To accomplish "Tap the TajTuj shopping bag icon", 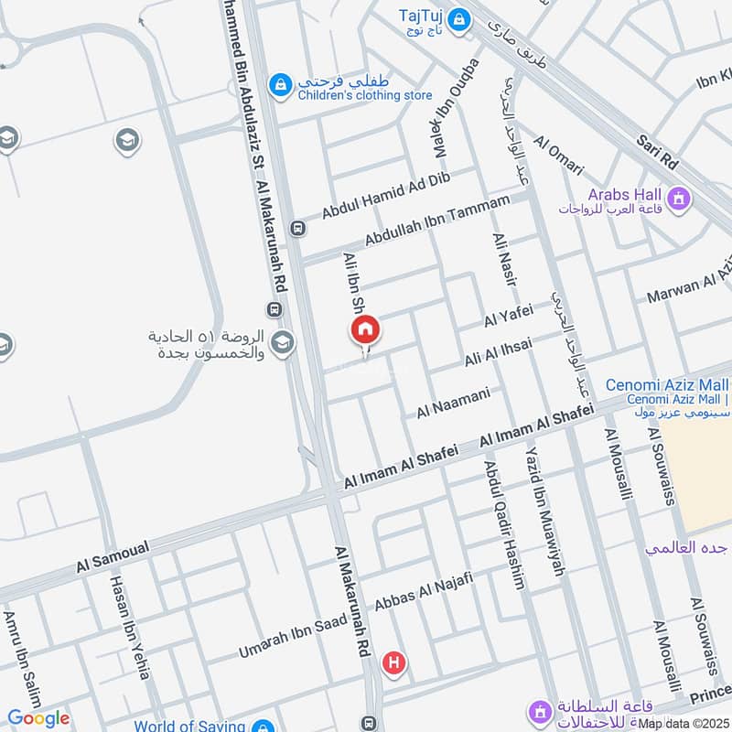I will pos(458,16).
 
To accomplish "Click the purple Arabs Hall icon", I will pos(679,197).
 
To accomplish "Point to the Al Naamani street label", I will pos(454,404).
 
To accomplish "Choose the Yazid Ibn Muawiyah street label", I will pos(544,511).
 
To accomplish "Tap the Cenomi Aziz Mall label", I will pos(667,386).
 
